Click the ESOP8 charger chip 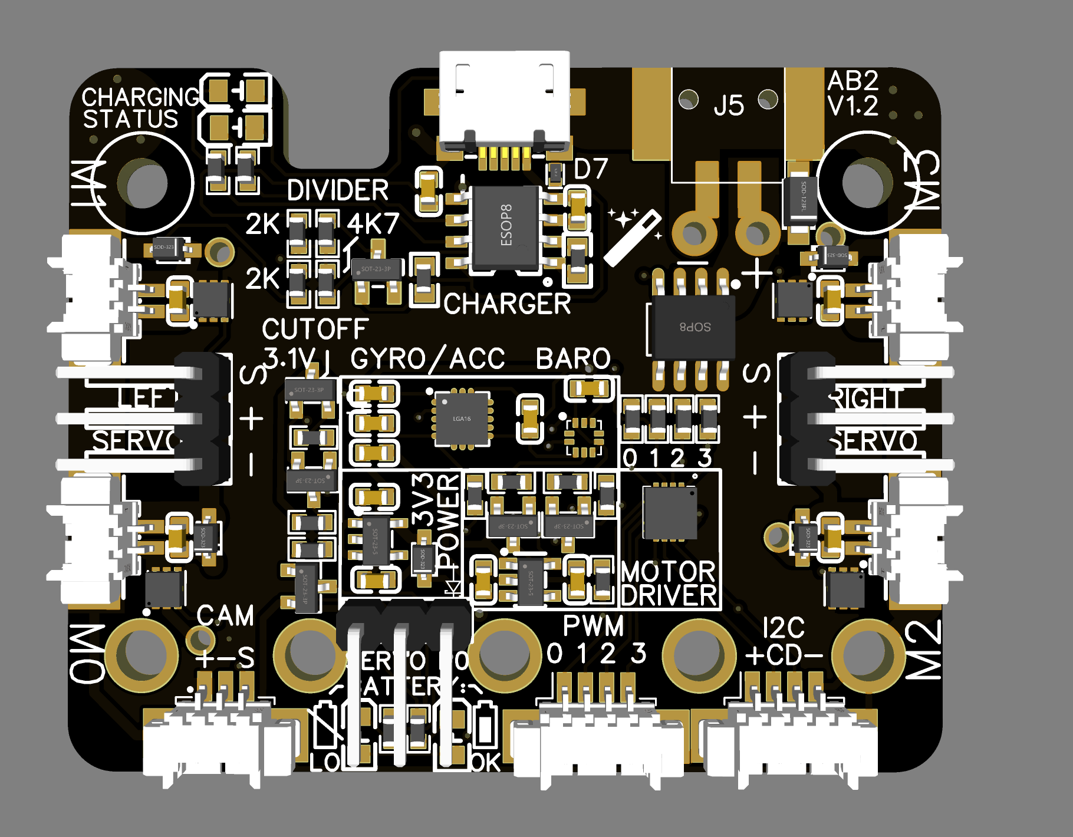(x=506, y=227)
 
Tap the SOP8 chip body (x=693, y=327)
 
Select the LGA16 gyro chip (x=462, y=418)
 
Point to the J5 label (x=729, y=106)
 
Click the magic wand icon (x=633, y=236)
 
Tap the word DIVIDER (x=337, y=190)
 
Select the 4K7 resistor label (x=373, y=224)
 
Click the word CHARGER (x=507, y=304)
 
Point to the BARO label (x=573, y=359)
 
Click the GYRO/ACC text (x=427, y=359)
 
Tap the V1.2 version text (x=853, y=106)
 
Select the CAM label (x=225, y=616)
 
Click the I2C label (x=784, y=628)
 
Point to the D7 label (x=590, y=169)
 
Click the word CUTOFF (x=315, y=329)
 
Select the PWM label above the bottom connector (x=593, y=626)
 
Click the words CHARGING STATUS (x=140, y=108)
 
